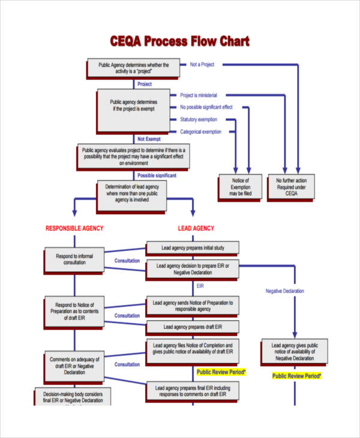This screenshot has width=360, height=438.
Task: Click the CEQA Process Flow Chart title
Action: pos(179,41)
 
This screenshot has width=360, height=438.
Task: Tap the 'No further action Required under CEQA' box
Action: pos(292,187)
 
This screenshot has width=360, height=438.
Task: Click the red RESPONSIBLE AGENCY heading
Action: pos(74,229)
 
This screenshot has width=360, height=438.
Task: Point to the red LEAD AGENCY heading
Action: pos(196,229)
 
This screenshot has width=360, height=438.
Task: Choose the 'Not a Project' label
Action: pos(202,64)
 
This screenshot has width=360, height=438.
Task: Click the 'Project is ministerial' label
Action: pos(199,95)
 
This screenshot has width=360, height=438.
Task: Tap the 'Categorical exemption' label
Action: pos(201,132)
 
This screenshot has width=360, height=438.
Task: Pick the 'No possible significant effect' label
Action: pos(206,107)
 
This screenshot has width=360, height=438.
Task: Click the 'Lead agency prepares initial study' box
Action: pos(192,248)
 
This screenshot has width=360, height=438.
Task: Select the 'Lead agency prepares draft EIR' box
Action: pos(192,327)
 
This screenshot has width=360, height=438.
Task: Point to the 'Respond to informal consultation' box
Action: pos(74,259)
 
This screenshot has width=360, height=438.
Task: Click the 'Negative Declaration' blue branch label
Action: pos(285,291)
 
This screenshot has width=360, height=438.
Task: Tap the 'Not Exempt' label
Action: pos(149,139)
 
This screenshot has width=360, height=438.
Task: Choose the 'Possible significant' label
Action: pos(157,175)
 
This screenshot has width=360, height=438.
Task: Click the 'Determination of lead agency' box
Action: pos(131,197)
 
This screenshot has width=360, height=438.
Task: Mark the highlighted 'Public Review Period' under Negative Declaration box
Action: pos(297,376)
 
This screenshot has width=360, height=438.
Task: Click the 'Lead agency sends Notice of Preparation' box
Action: pos(192,305)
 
